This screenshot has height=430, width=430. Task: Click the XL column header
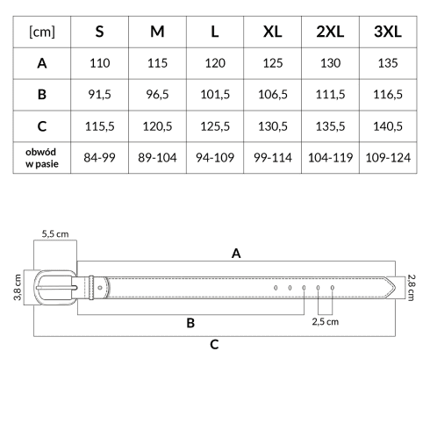(x=272, y=32)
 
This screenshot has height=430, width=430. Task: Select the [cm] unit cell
(x=42, y=32)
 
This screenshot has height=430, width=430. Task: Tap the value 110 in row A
(x=100, y=63)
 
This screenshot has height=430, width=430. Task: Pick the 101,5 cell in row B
(x=215, y=95)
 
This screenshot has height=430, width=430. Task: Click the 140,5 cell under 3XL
(x=388, y=126)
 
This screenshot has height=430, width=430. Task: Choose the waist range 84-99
(x=99, y=158)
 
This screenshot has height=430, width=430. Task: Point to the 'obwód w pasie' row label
(x=41, y=158)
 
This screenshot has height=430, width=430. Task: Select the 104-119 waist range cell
(x=330, y=158)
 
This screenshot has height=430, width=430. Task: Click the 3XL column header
(x=388, y=32)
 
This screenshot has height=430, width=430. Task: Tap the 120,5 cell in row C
(x=157, y=126)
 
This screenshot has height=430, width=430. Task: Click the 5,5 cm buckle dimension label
(x=55, y=234)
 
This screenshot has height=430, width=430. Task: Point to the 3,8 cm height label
(x=18, y=287)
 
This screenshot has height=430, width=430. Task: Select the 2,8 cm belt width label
(x=411, y=287)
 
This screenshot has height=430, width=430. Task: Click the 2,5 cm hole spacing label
(x=326, y=322)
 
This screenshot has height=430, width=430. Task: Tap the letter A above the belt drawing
(x=236, y=254)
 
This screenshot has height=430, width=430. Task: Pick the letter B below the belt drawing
(x=190, y=323)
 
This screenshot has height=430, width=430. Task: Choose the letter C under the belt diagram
(x=214, y=345)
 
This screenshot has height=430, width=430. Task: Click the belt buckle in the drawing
(x=55, y=272)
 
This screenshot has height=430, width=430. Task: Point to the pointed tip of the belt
(x=395, y=288)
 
